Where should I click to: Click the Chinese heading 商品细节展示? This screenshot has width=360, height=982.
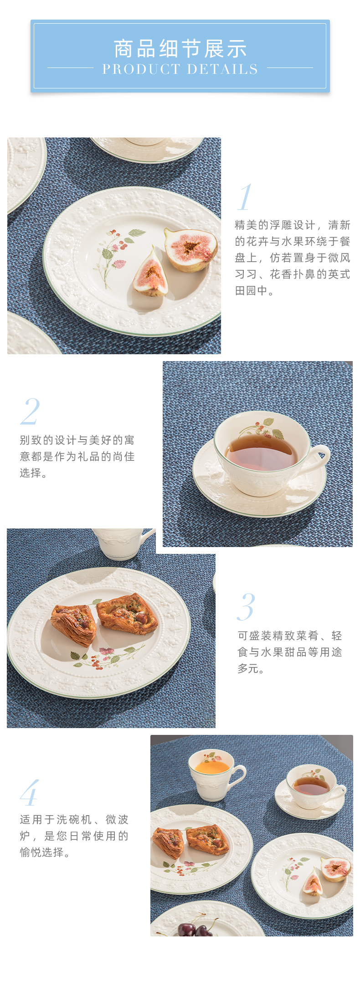click(x=180, y=49)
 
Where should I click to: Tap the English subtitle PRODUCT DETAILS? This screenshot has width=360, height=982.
click(x=180, y=69)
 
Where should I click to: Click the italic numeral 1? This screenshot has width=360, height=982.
click(x=245, y=197)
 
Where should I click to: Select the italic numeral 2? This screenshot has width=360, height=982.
click(x=31, y=411)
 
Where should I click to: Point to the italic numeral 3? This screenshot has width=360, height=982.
click(x=246, y=607)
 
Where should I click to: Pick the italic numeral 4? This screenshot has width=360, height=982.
click(x=30, y=793)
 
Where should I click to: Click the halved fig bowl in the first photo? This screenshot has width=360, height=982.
click(x=191, y=249)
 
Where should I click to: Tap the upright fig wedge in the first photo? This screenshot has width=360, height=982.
click(x=151, y=274)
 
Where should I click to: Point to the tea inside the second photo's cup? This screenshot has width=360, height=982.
click(x=262, y=452)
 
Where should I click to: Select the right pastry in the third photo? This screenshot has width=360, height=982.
click(x=127, y=614)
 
